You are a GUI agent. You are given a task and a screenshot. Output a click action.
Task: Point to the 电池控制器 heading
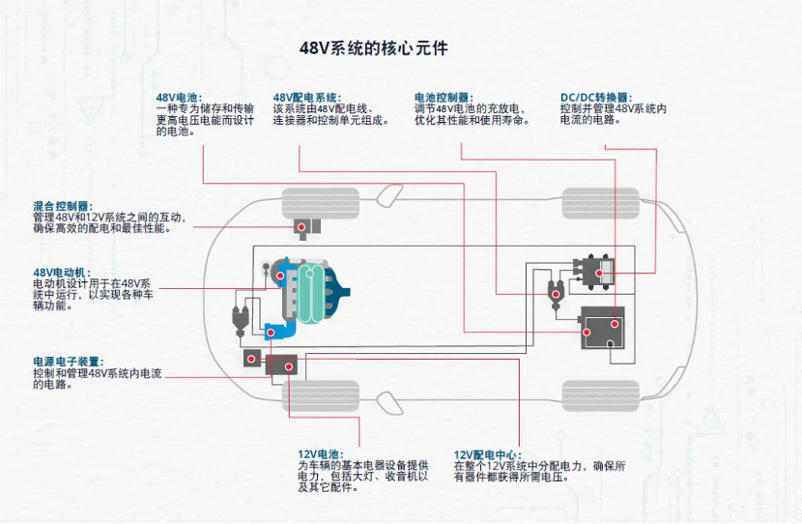tap(443, 98)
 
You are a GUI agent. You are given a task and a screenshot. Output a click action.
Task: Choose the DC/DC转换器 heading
tap(595, 98)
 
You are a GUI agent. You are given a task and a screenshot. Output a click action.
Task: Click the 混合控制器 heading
tap(62, 206)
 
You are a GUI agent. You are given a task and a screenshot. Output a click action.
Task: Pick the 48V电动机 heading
tap(62, 272)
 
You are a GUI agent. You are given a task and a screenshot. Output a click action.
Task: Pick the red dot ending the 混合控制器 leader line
tap(302, 226)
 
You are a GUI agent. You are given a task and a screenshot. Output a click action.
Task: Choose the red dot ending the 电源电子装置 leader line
tap(252, 359)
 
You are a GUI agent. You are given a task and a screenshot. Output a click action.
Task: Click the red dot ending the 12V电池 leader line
tap(287, 365)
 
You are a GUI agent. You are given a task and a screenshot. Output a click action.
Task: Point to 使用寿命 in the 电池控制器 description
tap(508, 120)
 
